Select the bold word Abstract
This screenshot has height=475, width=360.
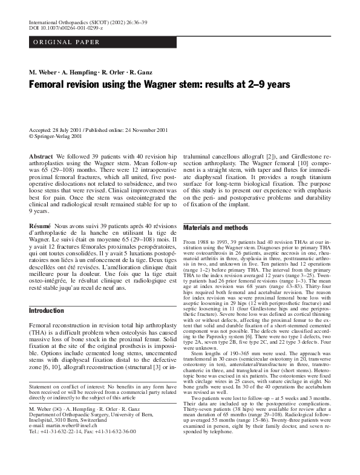click(41, 157)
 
